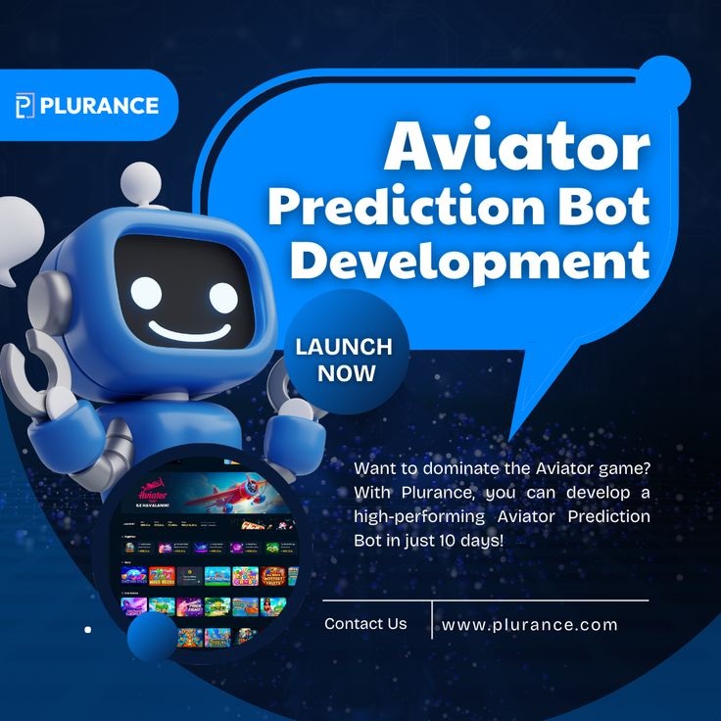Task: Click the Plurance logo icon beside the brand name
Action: [25, 106]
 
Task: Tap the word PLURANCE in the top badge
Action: [99, 106]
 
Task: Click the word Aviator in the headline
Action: [516, 147]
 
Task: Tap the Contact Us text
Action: [365, 624]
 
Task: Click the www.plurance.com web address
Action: [530, 624]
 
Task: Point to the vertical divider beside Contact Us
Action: [432, 619]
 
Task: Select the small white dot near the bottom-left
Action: [87, 629]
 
